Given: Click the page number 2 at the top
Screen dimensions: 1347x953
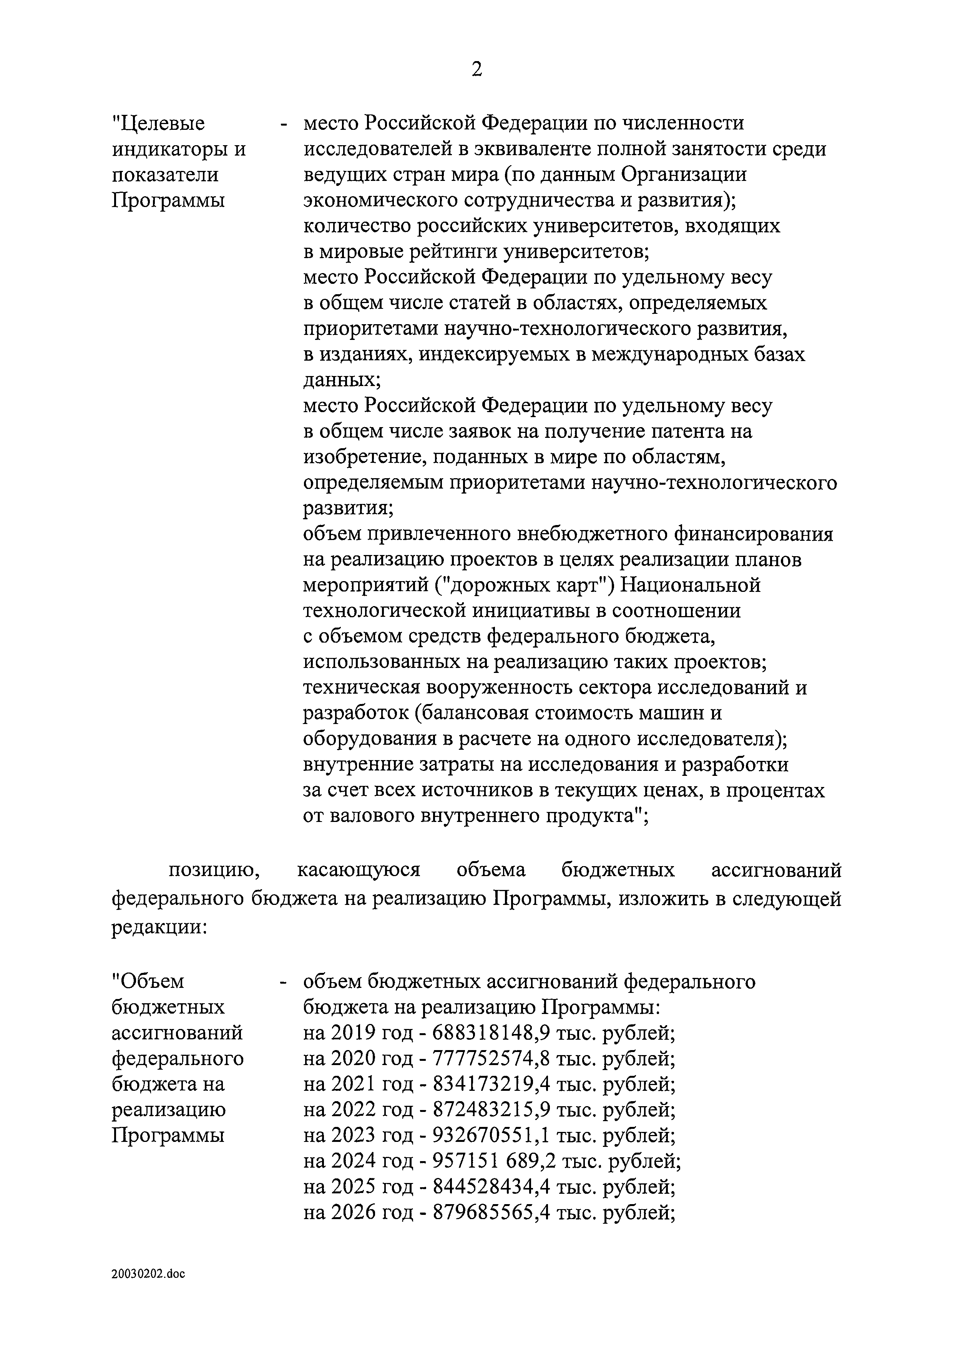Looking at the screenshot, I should pos(476,70).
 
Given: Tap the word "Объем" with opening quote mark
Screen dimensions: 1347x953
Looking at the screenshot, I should pos(148,981).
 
